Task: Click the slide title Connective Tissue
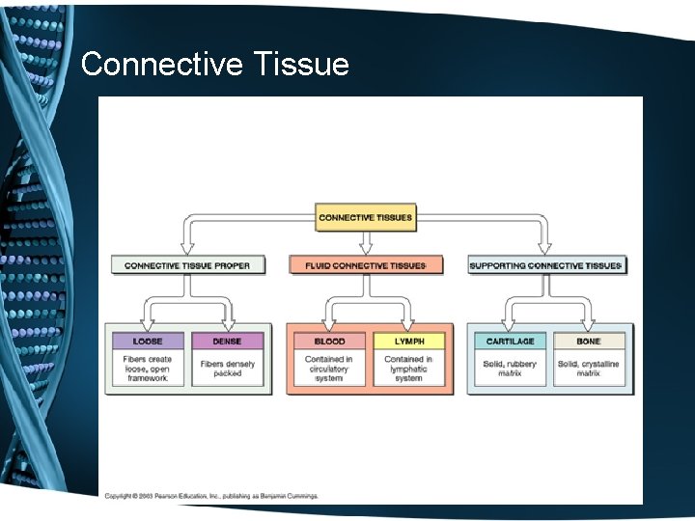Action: [214, 65]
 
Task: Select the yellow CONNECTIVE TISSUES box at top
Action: [365, 217]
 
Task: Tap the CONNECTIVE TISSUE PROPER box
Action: [187, 265]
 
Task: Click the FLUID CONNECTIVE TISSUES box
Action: [366, 265]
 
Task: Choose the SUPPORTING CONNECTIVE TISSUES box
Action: [546, 265]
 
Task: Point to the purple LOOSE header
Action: [147, 342]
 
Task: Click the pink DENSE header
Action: [228, 342]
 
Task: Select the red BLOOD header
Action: [329, 342]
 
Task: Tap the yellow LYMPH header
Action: [409, 342]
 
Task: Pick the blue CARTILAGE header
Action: [511, 342]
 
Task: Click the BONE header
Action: [589, 342]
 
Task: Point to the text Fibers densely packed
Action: [228, 369]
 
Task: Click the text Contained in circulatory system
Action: [329, 369]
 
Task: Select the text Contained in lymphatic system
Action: [409, 369]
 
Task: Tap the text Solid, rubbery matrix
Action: [511, 369]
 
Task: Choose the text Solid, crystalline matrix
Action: [589, 369]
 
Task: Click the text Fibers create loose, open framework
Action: [147, 369]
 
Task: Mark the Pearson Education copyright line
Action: [211, 496]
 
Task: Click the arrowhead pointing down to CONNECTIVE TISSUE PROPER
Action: [185, 248]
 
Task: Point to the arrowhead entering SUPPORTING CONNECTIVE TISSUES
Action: [545, 248]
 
